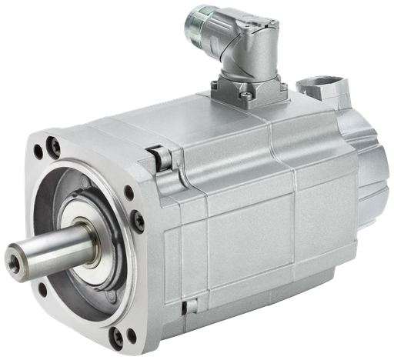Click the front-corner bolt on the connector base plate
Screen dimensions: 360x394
click(245, 96)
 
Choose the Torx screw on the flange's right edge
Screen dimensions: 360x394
click(139, 222)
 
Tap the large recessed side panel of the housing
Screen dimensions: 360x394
click(250, 231)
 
